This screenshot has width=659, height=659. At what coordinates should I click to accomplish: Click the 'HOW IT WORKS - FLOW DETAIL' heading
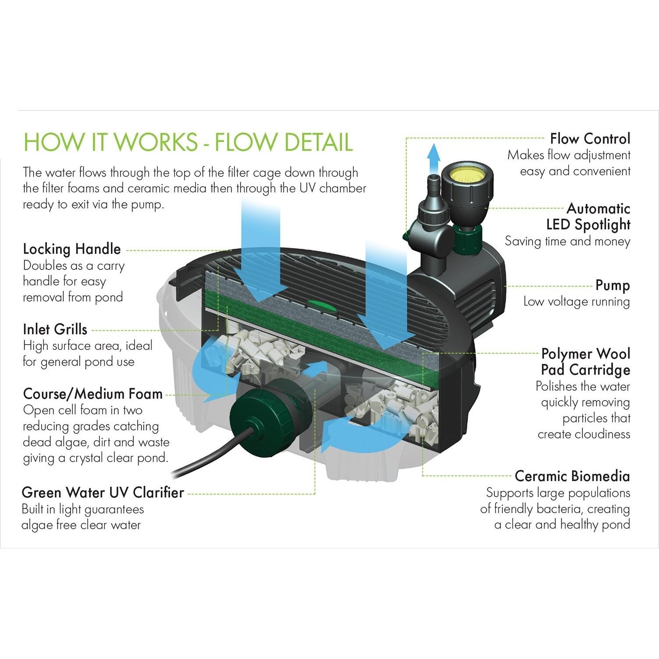(188, 141)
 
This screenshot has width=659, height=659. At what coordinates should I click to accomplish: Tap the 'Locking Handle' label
(72, 249)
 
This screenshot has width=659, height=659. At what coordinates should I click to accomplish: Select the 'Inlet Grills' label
(55, 329)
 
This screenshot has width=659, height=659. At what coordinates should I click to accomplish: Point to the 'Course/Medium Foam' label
(93, 394)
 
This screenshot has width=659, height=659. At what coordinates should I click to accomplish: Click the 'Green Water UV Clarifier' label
(103, 492)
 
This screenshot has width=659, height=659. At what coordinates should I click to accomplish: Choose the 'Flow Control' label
(590, 139)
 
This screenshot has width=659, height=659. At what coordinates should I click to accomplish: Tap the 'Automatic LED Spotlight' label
(588, 216)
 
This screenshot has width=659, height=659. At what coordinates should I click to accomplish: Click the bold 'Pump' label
(613, 285)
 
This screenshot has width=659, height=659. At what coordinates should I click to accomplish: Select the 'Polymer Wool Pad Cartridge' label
(586, 362)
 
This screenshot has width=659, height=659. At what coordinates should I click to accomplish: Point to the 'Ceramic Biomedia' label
(572, 476)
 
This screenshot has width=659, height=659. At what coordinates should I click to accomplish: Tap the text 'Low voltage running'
(577, 302)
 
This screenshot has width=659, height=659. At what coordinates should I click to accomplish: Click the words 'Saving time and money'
(567, 241)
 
